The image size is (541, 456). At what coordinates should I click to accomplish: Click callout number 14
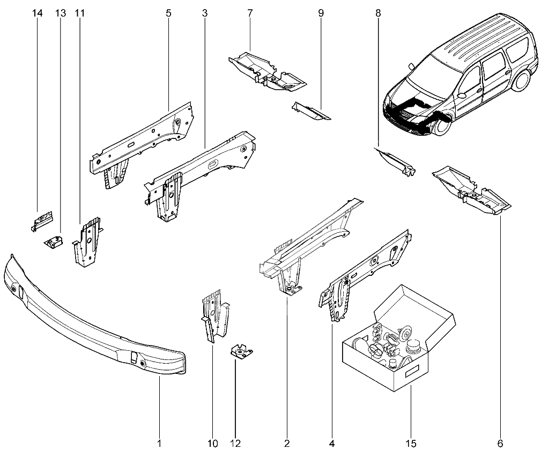[37, 13]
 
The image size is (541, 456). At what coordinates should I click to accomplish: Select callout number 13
[60, 13]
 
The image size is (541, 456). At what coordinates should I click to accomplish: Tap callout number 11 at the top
[80, 13]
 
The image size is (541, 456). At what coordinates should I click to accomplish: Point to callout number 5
[168, 13]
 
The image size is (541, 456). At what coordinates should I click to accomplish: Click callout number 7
[250, 13]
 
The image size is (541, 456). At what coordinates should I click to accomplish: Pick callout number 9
[321, 13]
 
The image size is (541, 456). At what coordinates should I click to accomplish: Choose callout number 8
[378, 13]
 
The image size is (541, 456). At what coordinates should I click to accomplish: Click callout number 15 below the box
[411, 444]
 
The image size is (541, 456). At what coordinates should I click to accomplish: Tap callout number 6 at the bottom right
[500, 444]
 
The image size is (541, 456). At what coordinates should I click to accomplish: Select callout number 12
[235, 444]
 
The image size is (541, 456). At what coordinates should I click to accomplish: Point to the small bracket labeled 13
[54, 243]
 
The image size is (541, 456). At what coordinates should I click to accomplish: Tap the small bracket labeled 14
[42, 219]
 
